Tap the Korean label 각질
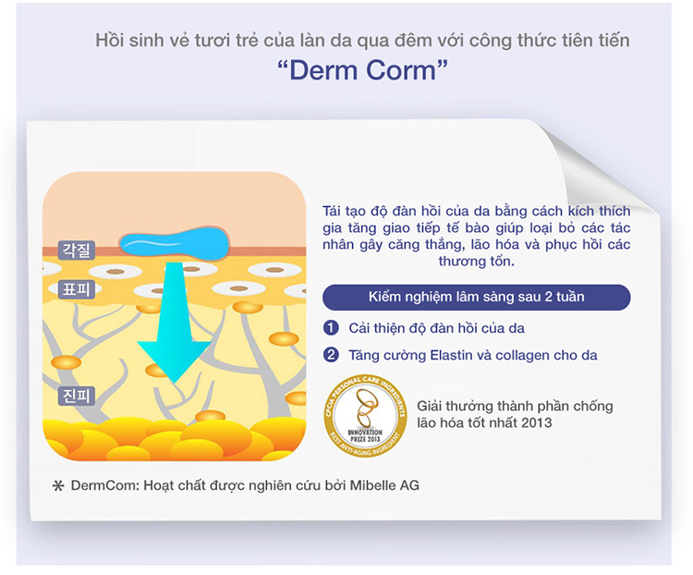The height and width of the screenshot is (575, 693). point(75,250)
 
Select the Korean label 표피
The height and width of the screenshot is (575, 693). point(75,288)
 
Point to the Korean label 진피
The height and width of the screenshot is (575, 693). point(75,396)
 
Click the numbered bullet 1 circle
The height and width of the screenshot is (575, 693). point(331,327)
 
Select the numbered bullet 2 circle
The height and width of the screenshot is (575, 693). point(331,354)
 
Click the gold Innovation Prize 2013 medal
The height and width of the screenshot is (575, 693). point(365,406)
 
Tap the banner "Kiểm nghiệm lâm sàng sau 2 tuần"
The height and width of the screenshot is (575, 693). point(476,297)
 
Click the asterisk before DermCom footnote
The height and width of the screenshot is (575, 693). point(57,485)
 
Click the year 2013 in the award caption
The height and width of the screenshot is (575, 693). point(537,422)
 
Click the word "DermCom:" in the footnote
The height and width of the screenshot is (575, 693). point(103,484)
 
